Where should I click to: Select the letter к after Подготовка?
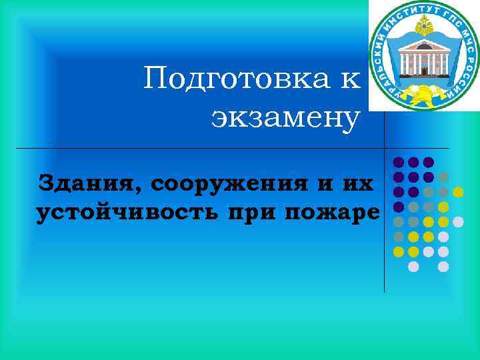tap(351, 80)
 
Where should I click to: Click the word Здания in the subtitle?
tap(81, 181)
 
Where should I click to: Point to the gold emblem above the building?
tap(423, 27)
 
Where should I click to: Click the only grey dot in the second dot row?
tap(443, 177)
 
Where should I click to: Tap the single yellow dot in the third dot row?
tap(459, 192)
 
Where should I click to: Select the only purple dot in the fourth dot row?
tap(398, 207)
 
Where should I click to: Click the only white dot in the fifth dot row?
tap(458, 221)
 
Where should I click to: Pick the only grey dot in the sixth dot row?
tap(398, 237)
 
